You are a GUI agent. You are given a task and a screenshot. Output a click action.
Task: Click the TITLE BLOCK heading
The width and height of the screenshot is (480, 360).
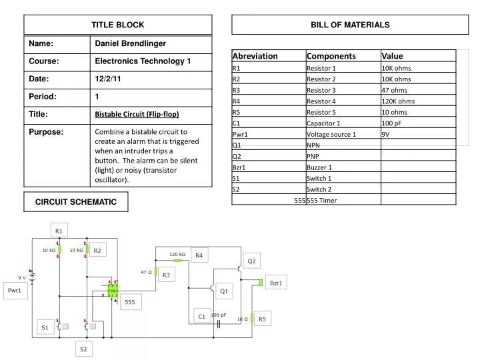118,25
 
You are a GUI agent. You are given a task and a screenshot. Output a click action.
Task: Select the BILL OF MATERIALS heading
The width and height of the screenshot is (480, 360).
350,25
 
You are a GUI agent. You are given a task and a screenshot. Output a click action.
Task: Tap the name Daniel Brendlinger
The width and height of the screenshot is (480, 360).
131,44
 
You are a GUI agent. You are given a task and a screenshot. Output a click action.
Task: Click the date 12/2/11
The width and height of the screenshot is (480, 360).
107,79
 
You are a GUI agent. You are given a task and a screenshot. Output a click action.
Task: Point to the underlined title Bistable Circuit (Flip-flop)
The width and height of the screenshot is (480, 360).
137,114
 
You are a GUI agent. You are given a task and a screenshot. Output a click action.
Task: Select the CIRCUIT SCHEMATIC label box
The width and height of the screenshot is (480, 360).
76,201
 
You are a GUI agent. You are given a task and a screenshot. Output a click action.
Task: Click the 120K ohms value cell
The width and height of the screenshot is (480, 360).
398,101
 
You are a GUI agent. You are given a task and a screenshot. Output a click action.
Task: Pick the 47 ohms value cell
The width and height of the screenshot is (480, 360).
394,90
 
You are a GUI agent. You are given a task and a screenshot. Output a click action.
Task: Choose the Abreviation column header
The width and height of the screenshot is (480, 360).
255,56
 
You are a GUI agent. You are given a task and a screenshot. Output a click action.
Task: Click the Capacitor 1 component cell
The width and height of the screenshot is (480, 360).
323,123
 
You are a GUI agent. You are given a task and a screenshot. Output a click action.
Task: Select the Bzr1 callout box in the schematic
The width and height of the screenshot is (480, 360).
276,283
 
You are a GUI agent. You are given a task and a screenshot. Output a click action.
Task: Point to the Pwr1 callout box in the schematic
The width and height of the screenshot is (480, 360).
15,291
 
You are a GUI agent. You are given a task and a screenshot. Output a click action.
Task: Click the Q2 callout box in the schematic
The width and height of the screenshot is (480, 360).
252,261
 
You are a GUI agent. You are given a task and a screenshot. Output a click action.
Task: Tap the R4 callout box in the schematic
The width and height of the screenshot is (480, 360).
198,256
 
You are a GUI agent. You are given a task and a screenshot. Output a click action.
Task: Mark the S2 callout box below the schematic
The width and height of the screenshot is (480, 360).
83,349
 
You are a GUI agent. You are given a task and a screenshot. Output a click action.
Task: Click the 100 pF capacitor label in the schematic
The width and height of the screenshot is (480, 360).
219,315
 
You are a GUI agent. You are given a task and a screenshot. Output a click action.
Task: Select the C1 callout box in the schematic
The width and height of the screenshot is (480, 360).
201,317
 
